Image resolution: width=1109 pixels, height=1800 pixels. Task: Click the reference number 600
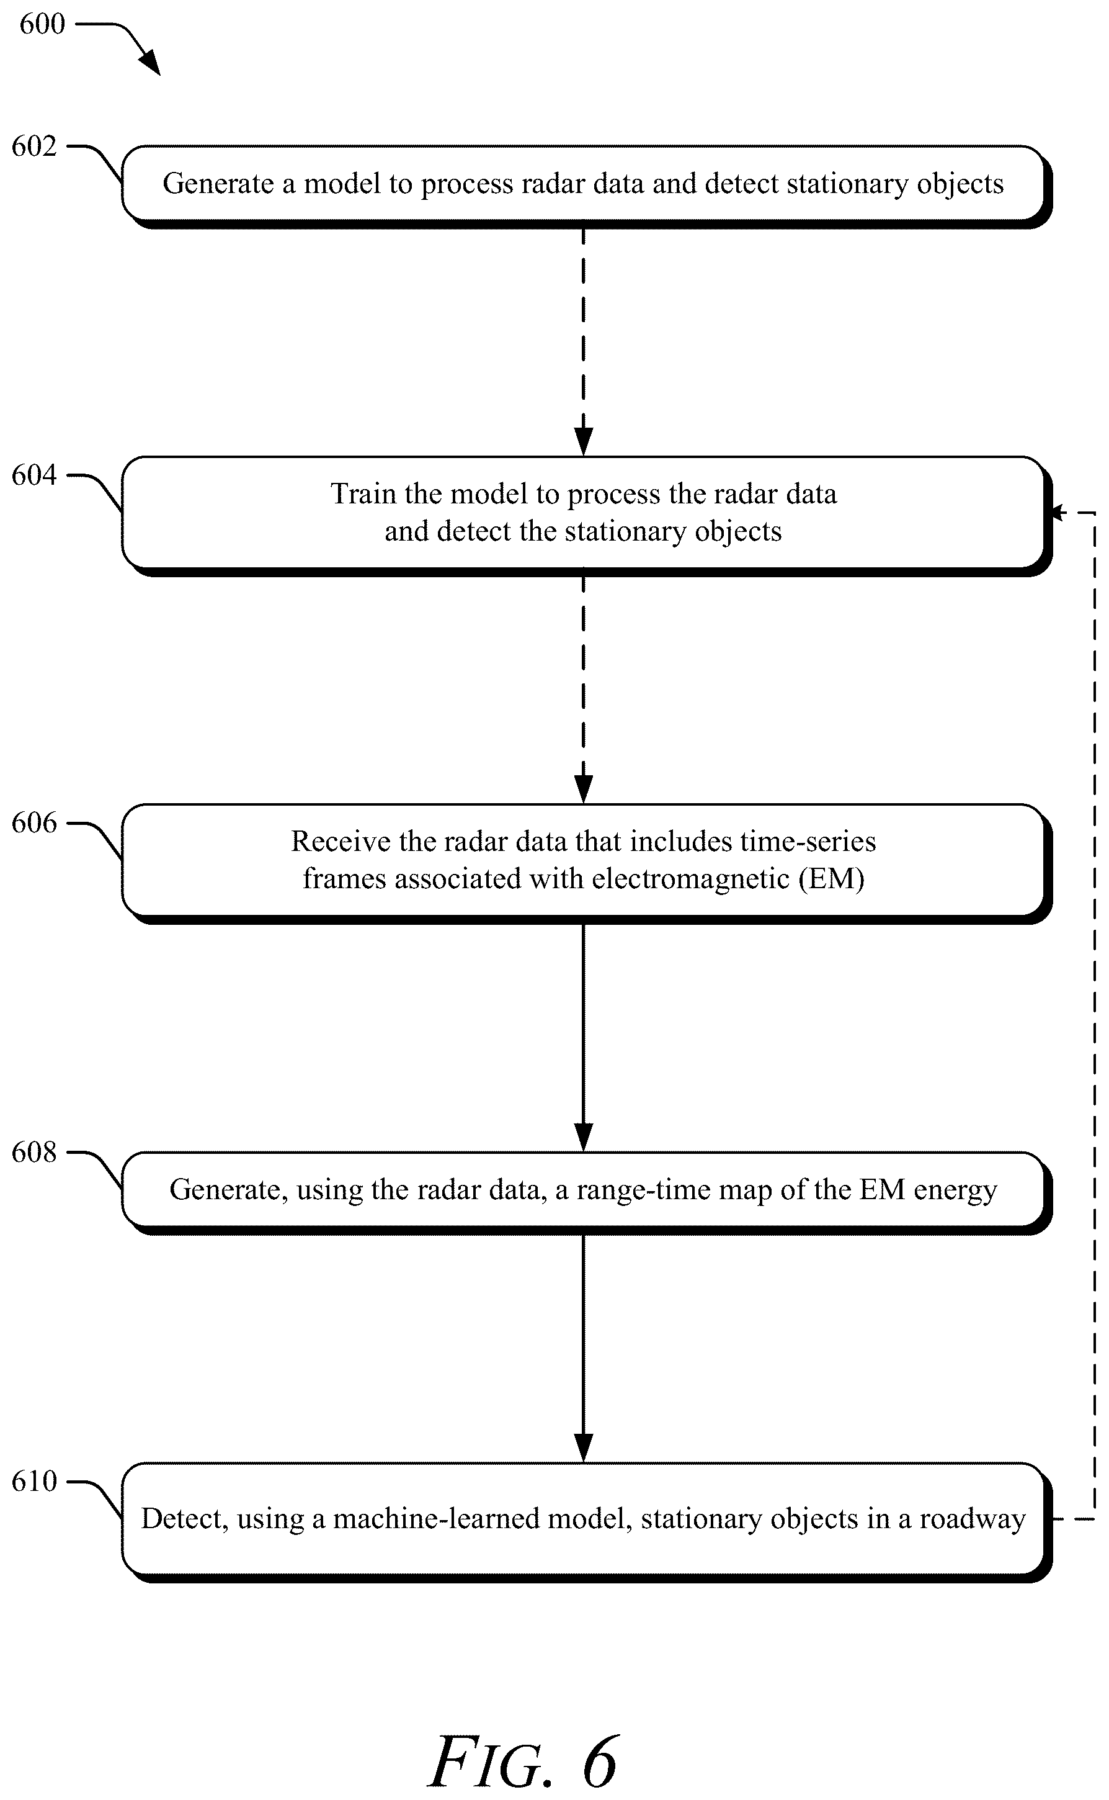coord(42,24)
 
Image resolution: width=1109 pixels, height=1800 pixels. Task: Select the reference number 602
coord(33,146)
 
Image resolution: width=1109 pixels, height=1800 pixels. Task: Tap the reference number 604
coord(33,475)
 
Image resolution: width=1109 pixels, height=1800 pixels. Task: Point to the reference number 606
coord(33,822)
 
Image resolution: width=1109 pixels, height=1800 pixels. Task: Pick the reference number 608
coord(33,1152)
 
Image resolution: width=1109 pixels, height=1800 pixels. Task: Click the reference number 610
coord(33,1482)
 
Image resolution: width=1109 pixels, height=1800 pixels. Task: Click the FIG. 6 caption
coord(523,1763)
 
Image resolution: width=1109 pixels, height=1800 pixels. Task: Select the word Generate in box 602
coord(218,184)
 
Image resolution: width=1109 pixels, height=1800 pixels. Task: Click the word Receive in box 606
coord(341,841)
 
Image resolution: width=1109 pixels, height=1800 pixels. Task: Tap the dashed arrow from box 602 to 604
coord(583,342)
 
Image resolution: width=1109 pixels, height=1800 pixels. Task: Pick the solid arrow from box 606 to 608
coord(583,1038)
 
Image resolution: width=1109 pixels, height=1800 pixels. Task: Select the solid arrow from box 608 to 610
coord(583,1349)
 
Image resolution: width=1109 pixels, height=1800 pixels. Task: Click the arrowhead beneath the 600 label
coord(150,63)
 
